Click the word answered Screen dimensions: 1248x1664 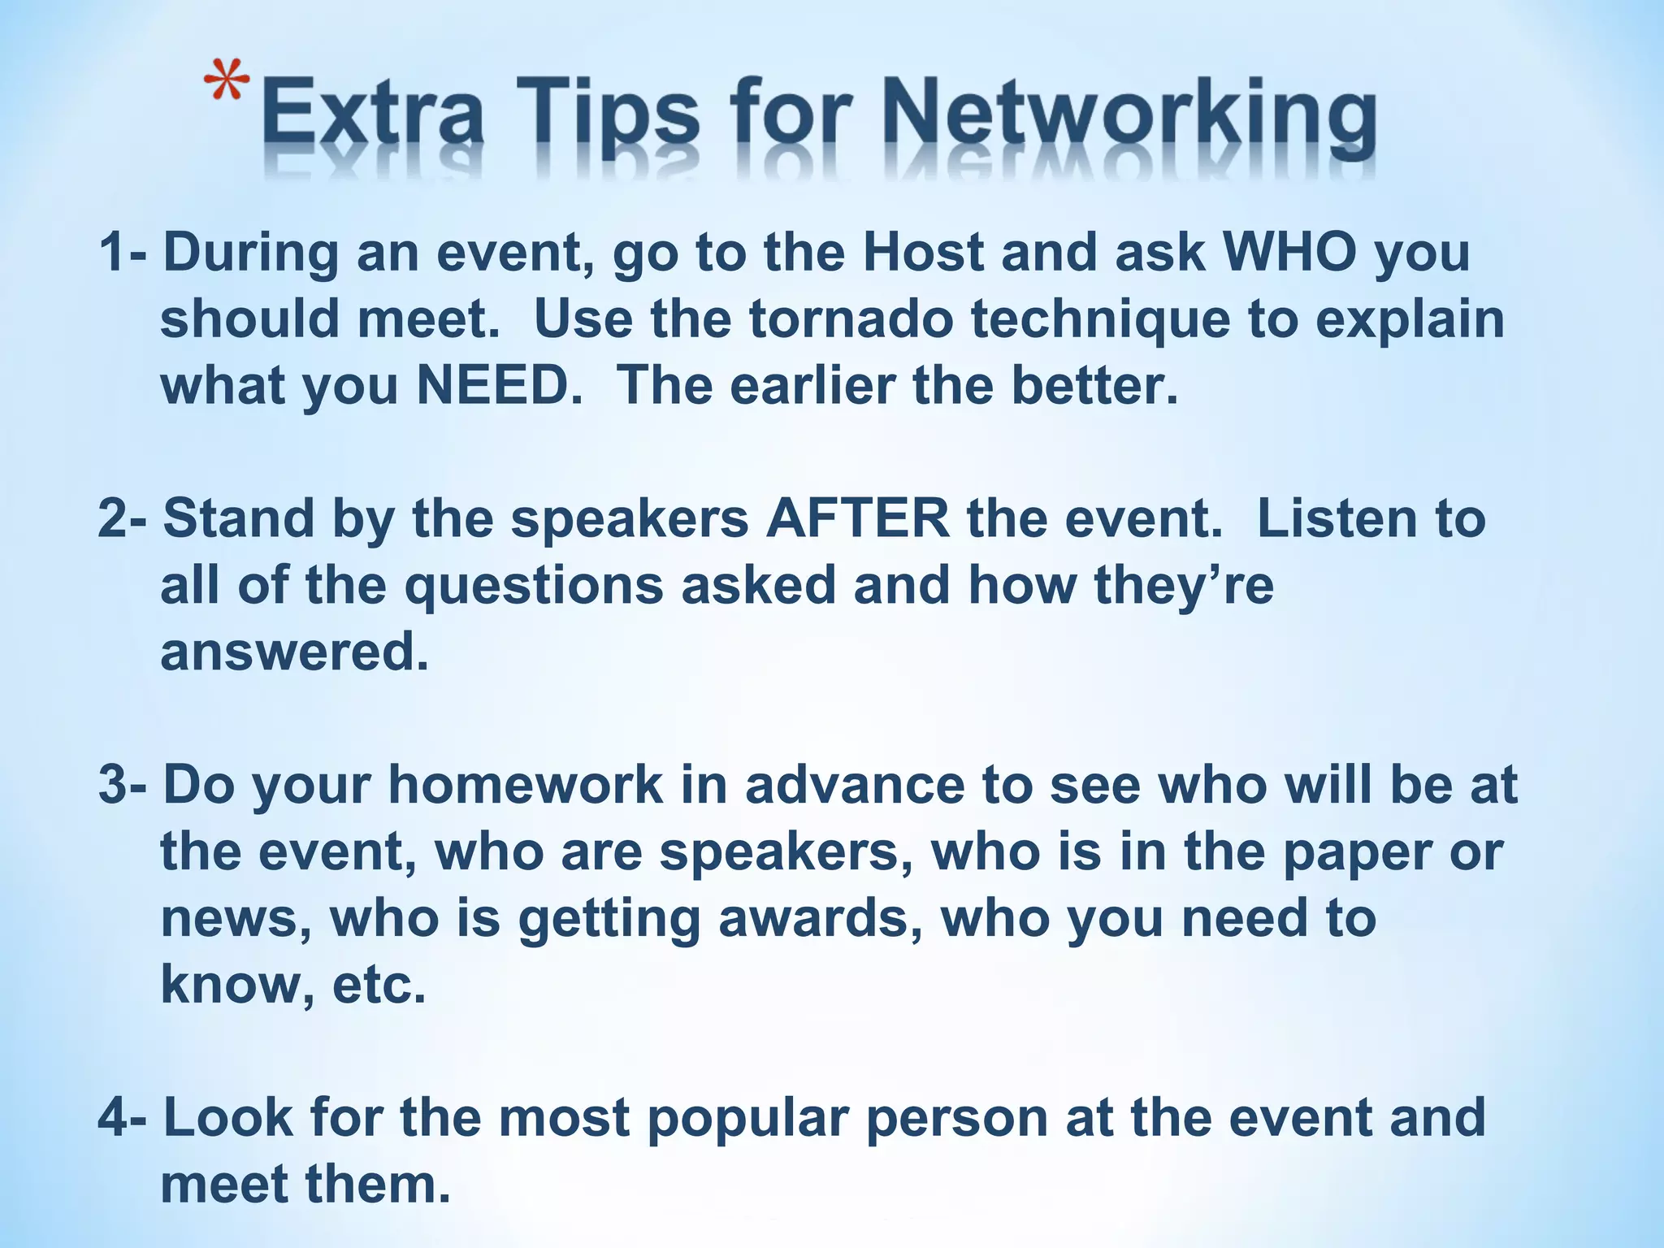coord(294,652)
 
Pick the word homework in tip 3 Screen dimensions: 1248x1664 coord(525,785)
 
